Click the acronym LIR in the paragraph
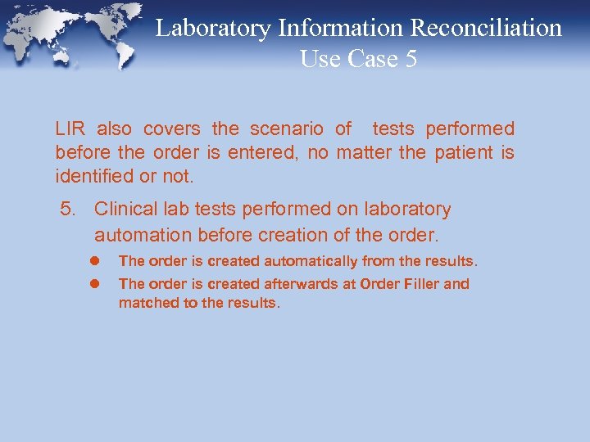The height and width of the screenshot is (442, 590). [70, 129]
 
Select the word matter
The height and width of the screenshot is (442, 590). [363, 152]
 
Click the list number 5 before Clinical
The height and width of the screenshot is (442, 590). [68, 210]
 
